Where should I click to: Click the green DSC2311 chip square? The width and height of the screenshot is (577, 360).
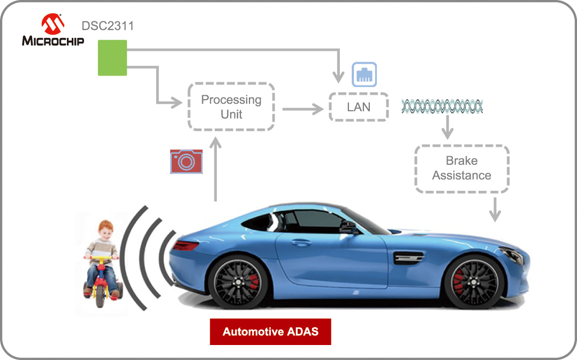[x=112, y=58]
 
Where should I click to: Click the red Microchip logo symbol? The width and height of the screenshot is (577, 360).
[x=53, y=23]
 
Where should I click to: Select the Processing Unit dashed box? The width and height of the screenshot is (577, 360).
[x=231, y=106]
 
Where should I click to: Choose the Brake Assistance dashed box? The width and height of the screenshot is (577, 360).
[x=461, y=168]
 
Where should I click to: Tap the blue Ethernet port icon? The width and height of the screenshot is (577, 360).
[x=364, y=74]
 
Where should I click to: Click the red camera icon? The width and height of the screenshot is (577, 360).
[x=186, y=161]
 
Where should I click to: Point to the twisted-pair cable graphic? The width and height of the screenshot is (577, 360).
[x=442, y=106]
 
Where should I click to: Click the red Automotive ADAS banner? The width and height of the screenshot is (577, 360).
[x=270, y=332]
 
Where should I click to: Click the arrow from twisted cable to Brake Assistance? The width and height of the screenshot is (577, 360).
[x=446, y=128]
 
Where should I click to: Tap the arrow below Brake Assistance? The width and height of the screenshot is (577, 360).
[x=495, y=208]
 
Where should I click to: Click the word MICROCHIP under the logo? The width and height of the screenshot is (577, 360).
[x=53, y=41]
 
